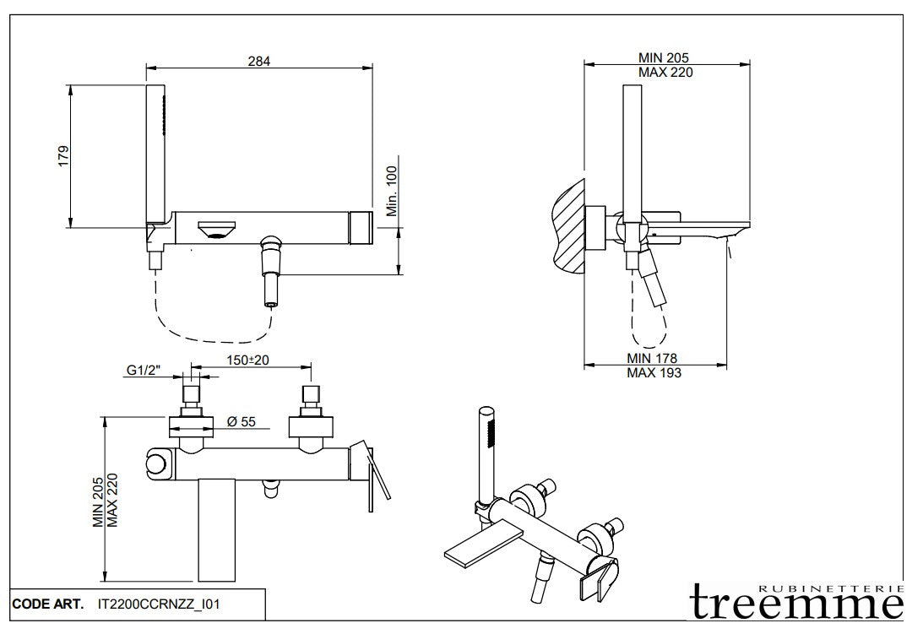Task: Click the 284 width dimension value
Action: pos(259,60)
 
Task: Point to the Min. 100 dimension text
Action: pos(392,191)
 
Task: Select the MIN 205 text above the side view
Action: pos(663,57)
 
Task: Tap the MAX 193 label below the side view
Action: pos(654,372)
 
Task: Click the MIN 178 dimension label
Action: pos(652,359)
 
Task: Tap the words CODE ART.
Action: pos(47,604)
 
